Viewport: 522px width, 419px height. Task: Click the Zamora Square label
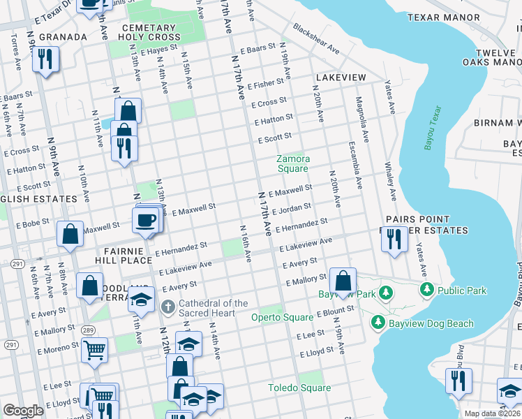292,163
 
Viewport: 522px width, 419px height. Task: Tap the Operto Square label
287,317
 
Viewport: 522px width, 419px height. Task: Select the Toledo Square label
299,388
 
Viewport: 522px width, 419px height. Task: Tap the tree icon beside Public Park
426,288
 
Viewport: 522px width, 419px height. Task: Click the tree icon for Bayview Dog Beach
378,323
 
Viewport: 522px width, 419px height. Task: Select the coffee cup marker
146,220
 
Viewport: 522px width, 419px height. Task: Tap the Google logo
23,410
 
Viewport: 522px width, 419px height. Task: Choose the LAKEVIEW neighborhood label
341,77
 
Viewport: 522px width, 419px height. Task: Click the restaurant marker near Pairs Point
394,239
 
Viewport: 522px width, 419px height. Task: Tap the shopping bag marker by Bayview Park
343,281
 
